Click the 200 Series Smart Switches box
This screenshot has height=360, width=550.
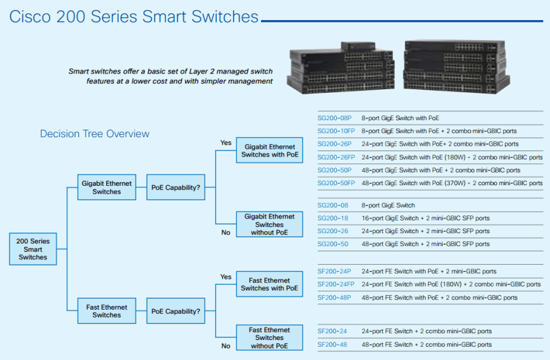point(33,249)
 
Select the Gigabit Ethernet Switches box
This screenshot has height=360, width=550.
point(107,188)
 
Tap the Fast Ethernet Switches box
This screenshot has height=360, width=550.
point(107,311)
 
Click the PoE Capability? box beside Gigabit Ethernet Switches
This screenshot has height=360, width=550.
point(175,188)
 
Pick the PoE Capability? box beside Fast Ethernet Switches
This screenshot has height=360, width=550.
point(175,311)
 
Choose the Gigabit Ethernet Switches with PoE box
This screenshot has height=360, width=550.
point(270,150)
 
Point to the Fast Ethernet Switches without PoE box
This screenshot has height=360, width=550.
point(270,338)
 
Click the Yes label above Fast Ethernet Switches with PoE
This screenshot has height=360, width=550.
point(226,277)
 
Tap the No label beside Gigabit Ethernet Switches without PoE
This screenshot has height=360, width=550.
point(226,233)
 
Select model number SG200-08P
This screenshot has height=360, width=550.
point(334,118)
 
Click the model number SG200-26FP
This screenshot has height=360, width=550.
point(336,157)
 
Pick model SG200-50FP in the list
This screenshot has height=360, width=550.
point(336,183)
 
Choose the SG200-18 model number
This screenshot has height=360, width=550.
point(333,218)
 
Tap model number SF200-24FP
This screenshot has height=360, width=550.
point(336,284)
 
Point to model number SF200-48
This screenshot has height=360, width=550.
point(332,345)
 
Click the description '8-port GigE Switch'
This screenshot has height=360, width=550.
point(389,205)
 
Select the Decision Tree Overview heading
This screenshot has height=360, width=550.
point(95,134)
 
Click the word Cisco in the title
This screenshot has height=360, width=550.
point(30,16)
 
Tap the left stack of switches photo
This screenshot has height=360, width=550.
point(341,68)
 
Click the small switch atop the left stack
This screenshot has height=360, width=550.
point(358,46)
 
